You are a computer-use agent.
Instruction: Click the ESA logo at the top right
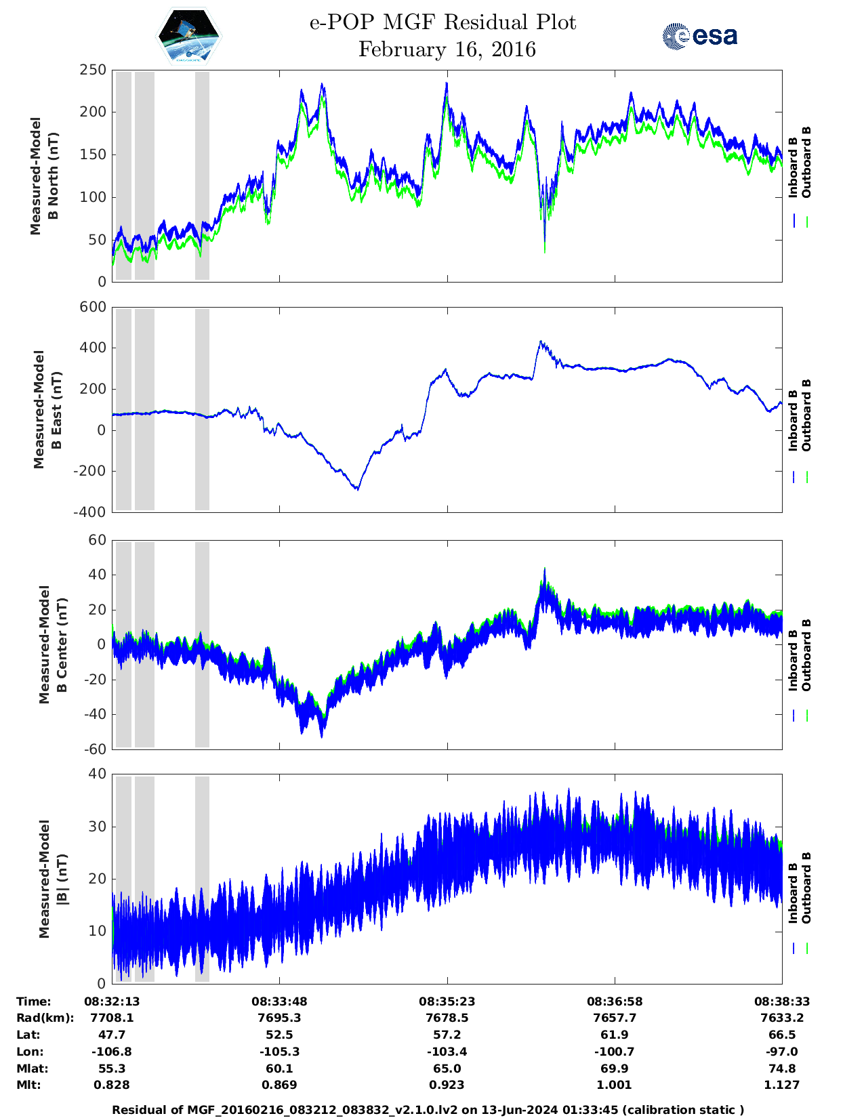(700, 36)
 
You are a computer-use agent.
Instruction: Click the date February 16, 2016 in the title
(447, 49)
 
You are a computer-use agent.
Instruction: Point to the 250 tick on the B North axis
(93, 70)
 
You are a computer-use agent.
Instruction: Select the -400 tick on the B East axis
(89, 512)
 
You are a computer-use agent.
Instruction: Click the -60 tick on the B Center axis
(93, 749)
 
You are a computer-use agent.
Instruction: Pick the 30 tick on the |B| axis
(98, 827)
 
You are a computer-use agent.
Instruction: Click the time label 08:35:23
(447, 1001)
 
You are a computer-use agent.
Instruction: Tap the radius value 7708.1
(112, 1018)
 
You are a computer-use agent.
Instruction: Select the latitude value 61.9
(615, 1035)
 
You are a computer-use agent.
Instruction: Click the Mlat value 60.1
(279, 1069)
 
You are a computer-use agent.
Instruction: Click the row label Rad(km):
(45, 1018)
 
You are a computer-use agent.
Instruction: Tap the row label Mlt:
(28, 1085)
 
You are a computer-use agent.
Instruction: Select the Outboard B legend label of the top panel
(806, 163)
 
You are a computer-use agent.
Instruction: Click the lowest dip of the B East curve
(358, 489)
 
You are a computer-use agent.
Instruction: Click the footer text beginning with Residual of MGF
(428, 1110)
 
